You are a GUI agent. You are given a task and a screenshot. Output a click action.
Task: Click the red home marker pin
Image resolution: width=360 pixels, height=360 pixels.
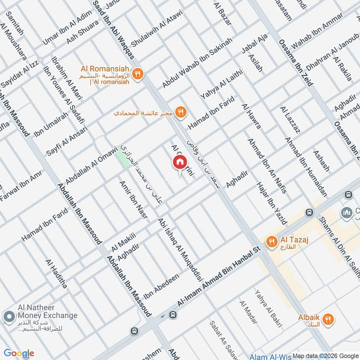(x=180, y=162)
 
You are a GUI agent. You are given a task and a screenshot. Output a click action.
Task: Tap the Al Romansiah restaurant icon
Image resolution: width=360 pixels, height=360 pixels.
(x=139, y=72)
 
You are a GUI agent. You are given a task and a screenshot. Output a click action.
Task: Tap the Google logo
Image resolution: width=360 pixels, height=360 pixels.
(x=19, y=353)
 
